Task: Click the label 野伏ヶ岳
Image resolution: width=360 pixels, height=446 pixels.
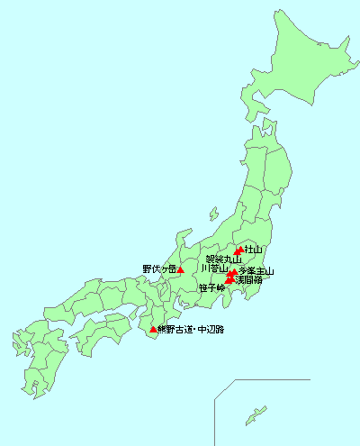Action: pos(158,269)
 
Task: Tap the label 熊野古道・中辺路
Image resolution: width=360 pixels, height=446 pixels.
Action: pos(191,330)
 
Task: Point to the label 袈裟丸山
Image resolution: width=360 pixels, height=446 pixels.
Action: pos(223,259)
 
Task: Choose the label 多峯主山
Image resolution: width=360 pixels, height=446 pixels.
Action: pos(256,270)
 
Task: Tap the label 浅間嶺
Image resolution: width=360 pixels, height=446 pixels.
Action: pos(248,280)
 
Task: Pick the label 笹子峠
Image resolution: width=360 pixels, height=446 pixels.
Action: pos(211,287)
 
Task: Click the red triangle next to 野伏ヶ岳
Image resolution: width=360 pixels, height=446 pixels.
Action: pos(181,269)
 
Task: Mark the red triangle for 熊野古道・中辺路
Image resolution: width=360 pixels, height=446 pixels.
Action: pos(152,330)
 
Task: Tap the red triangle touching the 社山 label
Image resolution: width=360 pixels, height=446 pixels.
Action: pos(238,250)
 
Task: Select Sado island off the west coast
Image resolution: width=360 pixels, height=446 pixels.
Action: pos(213,215)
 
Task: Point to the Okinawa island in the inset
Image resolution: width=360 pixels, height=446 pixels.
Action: pos(257,414)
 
